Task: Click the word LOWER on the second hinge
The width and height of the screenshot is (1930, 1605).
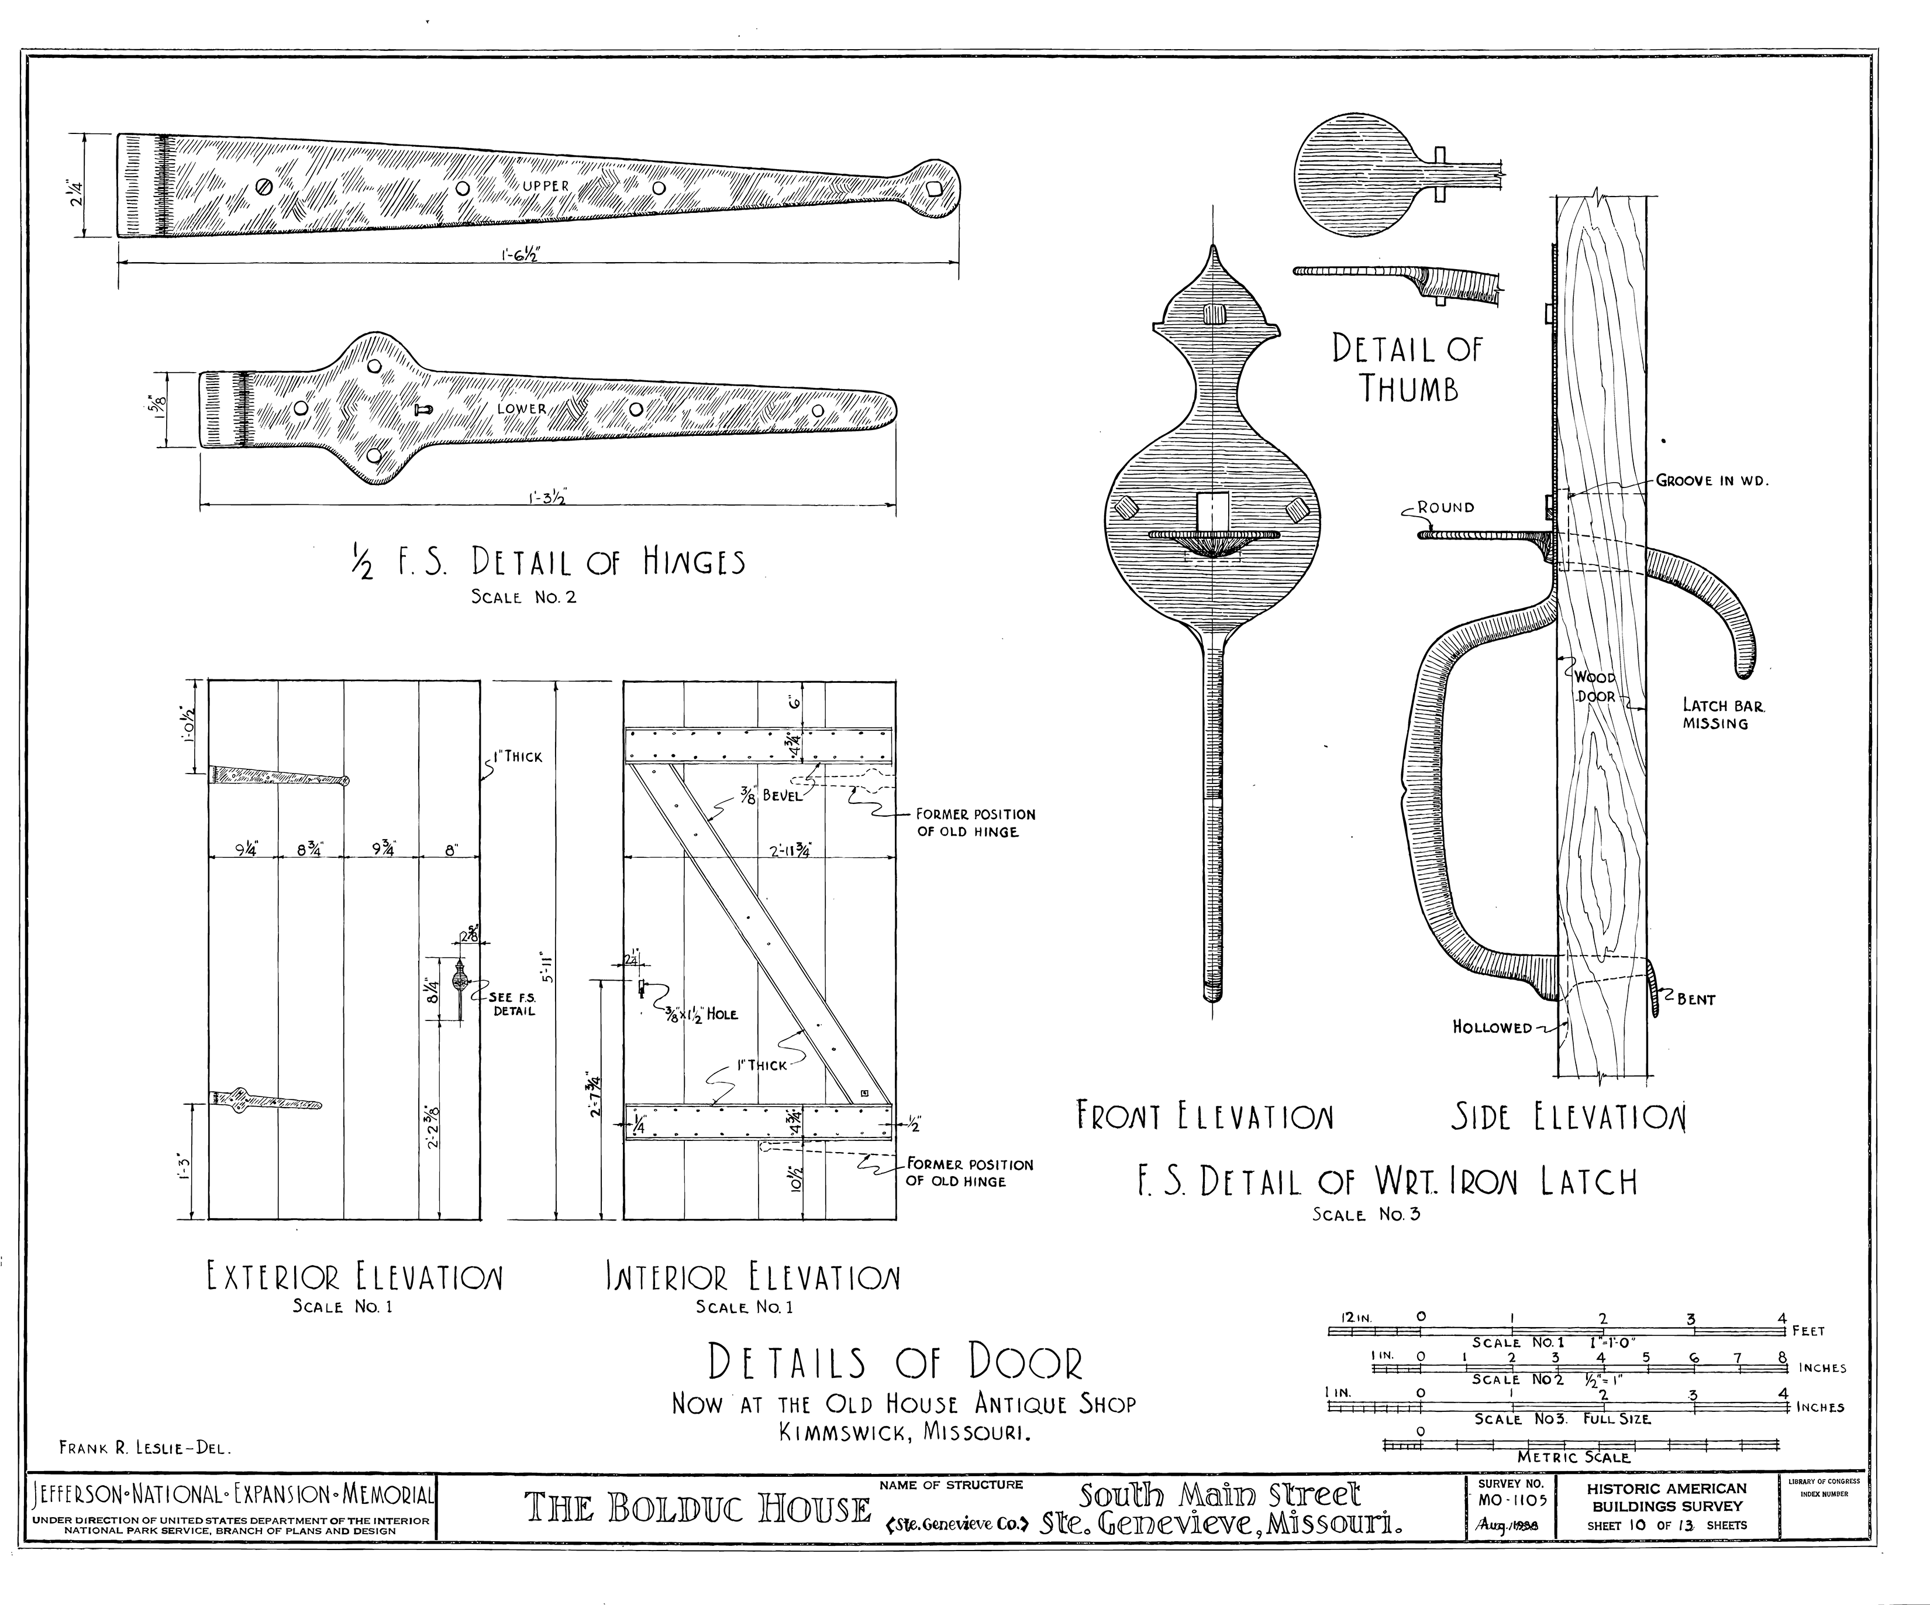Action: tap(521, 409)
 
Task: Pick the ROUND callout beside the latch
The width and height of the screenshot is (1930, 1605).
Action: tap(1445, 507)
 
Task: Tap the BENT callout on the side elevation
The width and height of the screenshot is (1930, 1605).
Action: tap(1695, 999)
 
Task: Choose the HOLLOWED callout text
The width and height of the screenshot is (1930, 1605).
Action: tap(1491, 1027)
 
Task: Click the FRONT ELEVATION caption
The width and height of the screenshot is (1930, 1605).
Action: tap(1204, 1117)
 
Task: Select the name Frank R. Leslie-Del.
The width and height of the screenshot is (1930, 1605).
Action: tap(145, 1448)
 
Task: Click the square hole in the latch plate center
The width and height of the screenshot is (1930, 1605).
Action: tap(1213, 511)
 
